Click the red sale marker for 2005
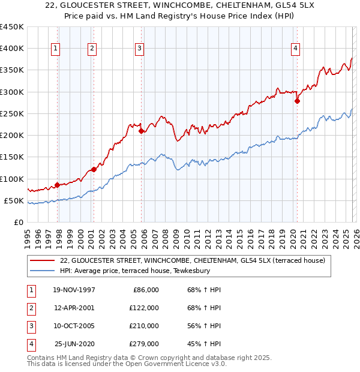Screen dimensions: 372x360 (x=142, y=131)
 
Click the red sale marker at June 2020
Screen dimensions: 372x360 (x=297, y=101)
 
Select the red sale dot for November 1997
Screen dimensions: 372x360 (x=58, y=185)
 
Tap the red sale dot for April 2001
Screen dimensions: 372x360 (x=94, y=169)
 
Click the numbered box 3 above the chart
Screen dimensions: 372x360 (x=139, y=49)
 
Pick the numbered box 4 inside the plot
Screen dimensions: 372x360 (x=296, y=49)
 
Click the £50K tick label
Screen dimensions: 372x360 (x=14, y=200)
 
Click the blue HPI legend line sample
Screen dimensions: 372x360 (x=42, y=271)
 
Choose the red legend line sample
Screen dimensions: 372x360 (x=42, y=260)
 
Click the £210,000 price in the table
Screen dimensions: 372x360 (x=144, y=326)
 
